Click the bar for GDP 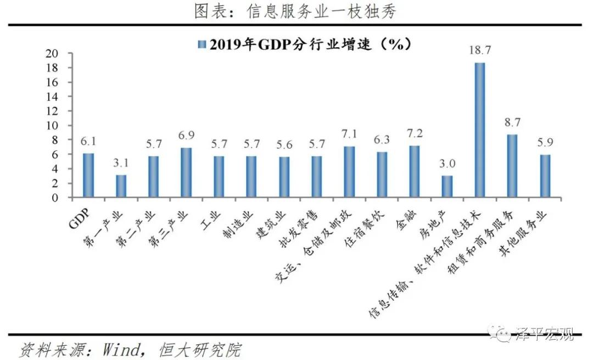click(x=88, y=176)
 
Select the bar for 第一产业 click(x=121, y=187)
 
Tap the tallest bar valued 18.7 click(x=479, y=130)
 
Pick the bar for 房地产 click(x=447, y=187)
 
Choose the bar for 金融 click(x=415, y=172)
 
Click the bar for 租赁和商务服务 click(x=512, y=166)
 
